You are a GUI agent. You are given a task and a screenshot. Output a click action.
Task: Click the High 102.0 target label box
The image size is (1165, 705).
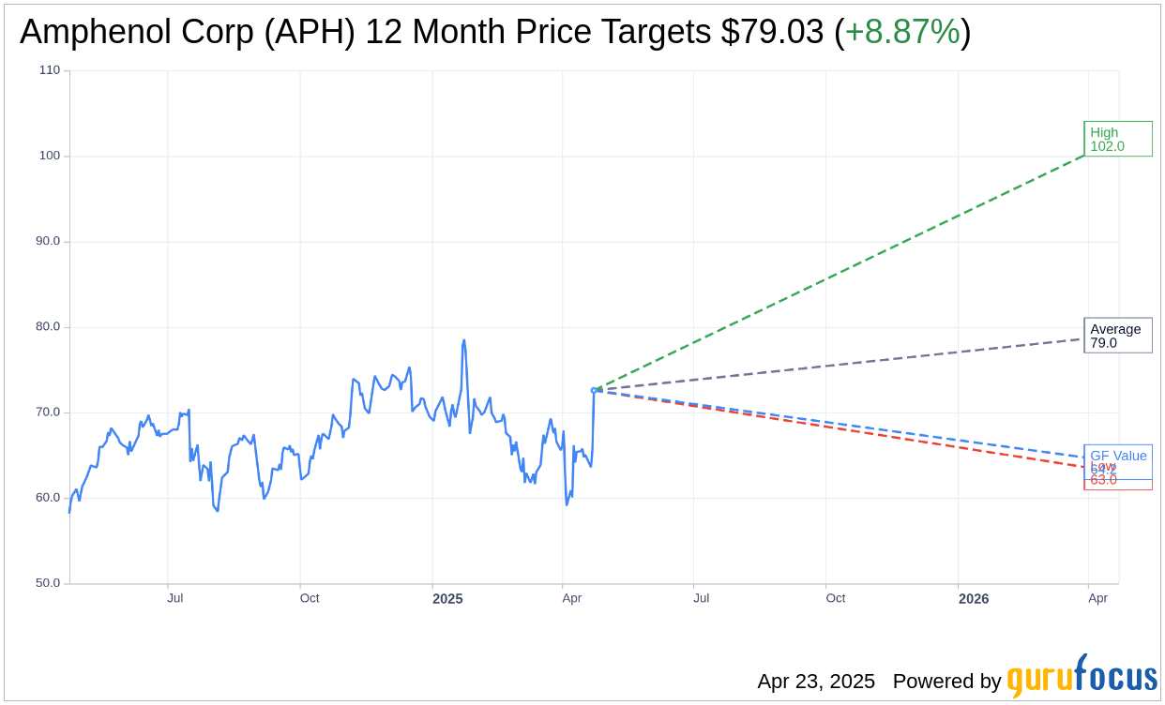[1117, 139]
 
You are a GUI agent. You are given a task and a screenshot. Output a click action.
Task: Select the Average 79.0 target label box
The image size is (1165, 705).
[1117, 336]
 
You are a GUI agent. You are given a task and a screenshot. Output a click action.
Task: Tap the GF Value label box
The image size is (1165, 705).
[1118, 455]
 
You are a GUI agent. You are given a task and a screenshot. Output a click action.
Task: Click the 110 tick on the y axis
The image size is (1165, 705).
[50, 70]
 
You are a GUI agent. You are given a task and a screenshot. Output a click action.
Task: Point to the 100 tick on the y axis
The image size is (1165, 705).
[50, 156]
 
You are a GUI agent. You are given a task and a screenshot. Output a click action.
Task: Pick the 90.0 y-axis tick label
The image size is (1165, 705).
[48, 241]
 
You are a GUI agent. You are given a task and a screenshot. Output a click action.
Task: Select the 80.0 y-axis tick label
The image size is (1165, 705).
[48, 327]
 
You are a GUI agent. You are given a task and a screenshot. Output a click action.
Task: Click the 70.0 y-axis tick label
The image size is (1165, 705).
[48, 412]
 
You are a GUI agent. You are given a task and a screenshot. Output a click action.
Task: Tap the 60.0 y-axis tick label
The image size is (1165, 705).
[48, 498]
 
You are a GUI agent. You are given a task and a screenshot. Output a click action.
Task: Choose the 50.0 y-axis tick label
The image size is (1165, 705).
[48, 583]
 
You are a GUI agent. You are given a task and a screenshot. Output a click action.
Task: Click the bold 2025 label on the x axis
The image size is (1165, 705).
[447, 598]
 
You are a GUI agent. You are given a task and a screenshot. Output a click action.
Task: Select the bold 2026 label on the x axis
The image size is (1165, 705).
[974, 598]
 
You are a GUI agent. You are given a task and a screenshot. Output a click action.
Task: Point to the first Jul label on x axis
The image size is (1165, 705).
[175, 598]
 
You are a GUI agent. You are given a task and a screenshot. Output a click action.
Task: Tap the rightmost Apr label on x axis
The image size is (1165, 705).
[1097, 598]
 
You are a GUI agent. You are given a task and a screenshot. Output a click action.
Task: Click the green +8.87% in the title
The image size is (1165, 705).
[902, 32]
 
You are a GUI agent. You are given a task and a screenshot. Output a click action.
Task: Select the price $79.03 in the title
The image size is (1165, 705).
[773, 32]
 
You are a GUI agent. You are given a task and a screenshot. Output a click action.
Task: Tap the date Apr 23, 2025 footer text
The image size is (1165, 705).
[816, 682]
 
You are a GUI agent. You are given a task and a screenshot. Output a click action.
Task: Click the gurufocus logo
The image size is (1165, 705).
[1082, 678]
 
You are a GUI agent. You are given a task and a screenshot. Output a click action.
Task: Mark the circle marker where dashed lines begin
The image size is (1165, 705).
[594, 390]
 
